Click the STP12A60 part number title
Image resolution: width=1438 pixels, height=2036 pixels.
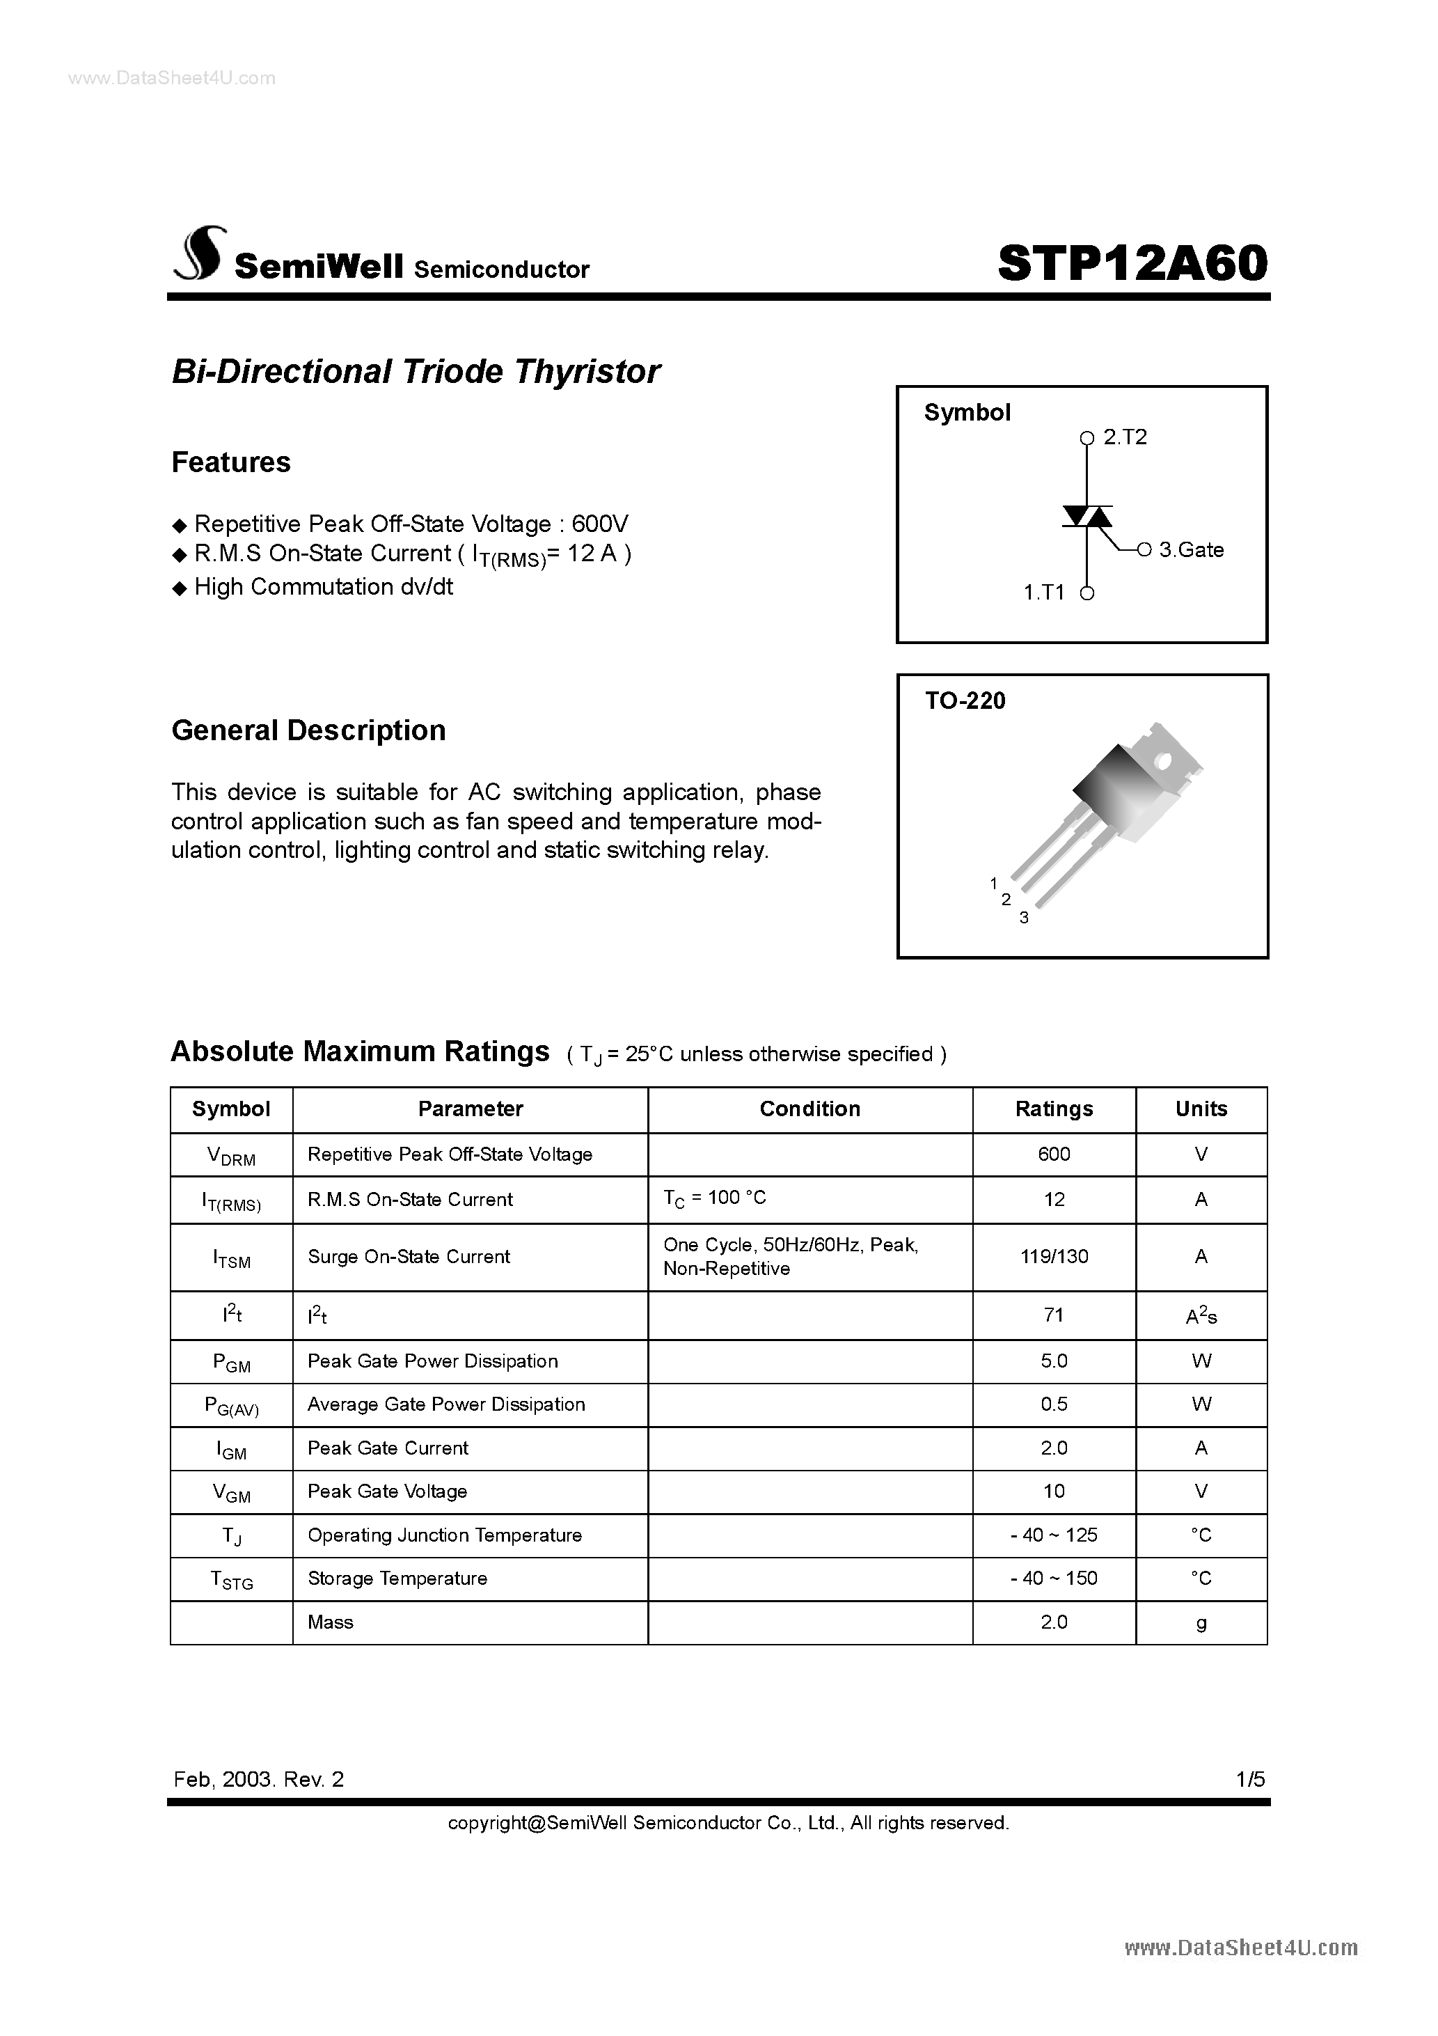1132,263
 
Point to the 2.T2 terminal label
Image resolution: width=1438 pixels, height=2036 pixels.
1125,437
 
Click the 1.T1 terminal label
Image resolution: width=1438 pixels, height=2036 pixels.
1043,593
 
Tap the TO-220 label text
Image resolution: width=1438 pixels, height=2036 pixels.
965,700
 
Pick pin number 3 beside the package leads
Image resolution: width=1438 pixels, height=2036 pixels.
1024,918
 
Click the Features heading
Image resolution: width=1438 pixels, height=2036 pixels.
230,462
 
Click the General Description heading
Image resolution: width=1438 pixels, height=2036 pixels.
308,730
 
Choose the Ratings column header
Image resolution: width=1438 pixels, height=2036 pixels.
1053,1109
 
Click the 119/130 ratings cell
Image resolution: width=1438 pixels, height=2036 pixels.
1053,1257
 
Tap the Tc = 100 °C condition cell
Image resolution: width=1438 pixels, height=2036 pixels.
715,1198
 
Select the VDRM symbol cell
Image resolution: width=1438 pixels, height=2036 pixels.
230,1154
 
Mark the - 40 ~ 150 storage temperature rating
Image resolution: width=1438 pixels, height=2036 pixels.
1053,1579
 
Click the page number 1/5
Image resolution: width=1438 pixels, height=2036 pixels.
1251,1779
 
